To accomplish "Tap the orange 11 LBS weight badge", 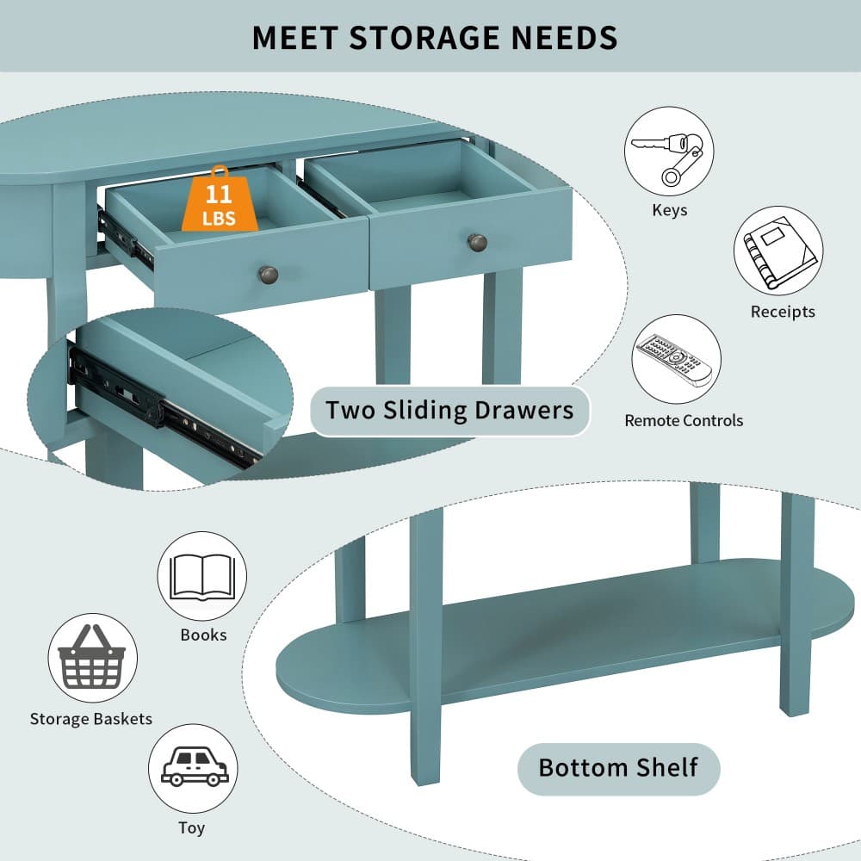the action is [x=220, y=200].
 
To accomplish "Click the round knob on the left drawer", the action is [x=269, y=274].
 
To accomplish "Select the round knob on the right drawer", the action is [x=477, y=242].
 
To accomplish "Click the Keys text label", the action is [x=669, y=210].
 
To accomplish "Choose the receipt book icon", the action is [x=778, y=251].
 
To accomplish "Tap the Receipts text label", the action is [x=783, y=312].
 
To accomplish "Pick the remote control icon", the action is [x=676, y=359].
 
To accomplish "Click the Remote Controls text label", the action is [x=684, y=421].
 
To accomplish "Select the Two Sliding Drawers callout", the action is [x=449, y=411].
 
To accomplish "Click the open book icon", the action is [x=202, y=576].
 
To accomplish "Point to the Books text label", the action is [x=203, y=635].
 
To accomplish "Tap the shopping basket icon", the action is [x=92, y=658].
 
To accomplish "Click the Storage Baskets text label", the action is [x=91, y=719].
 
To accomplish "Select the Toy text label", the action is [x=192, y=828].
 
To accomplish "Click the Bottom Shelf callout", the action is [x=618, y=768].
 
